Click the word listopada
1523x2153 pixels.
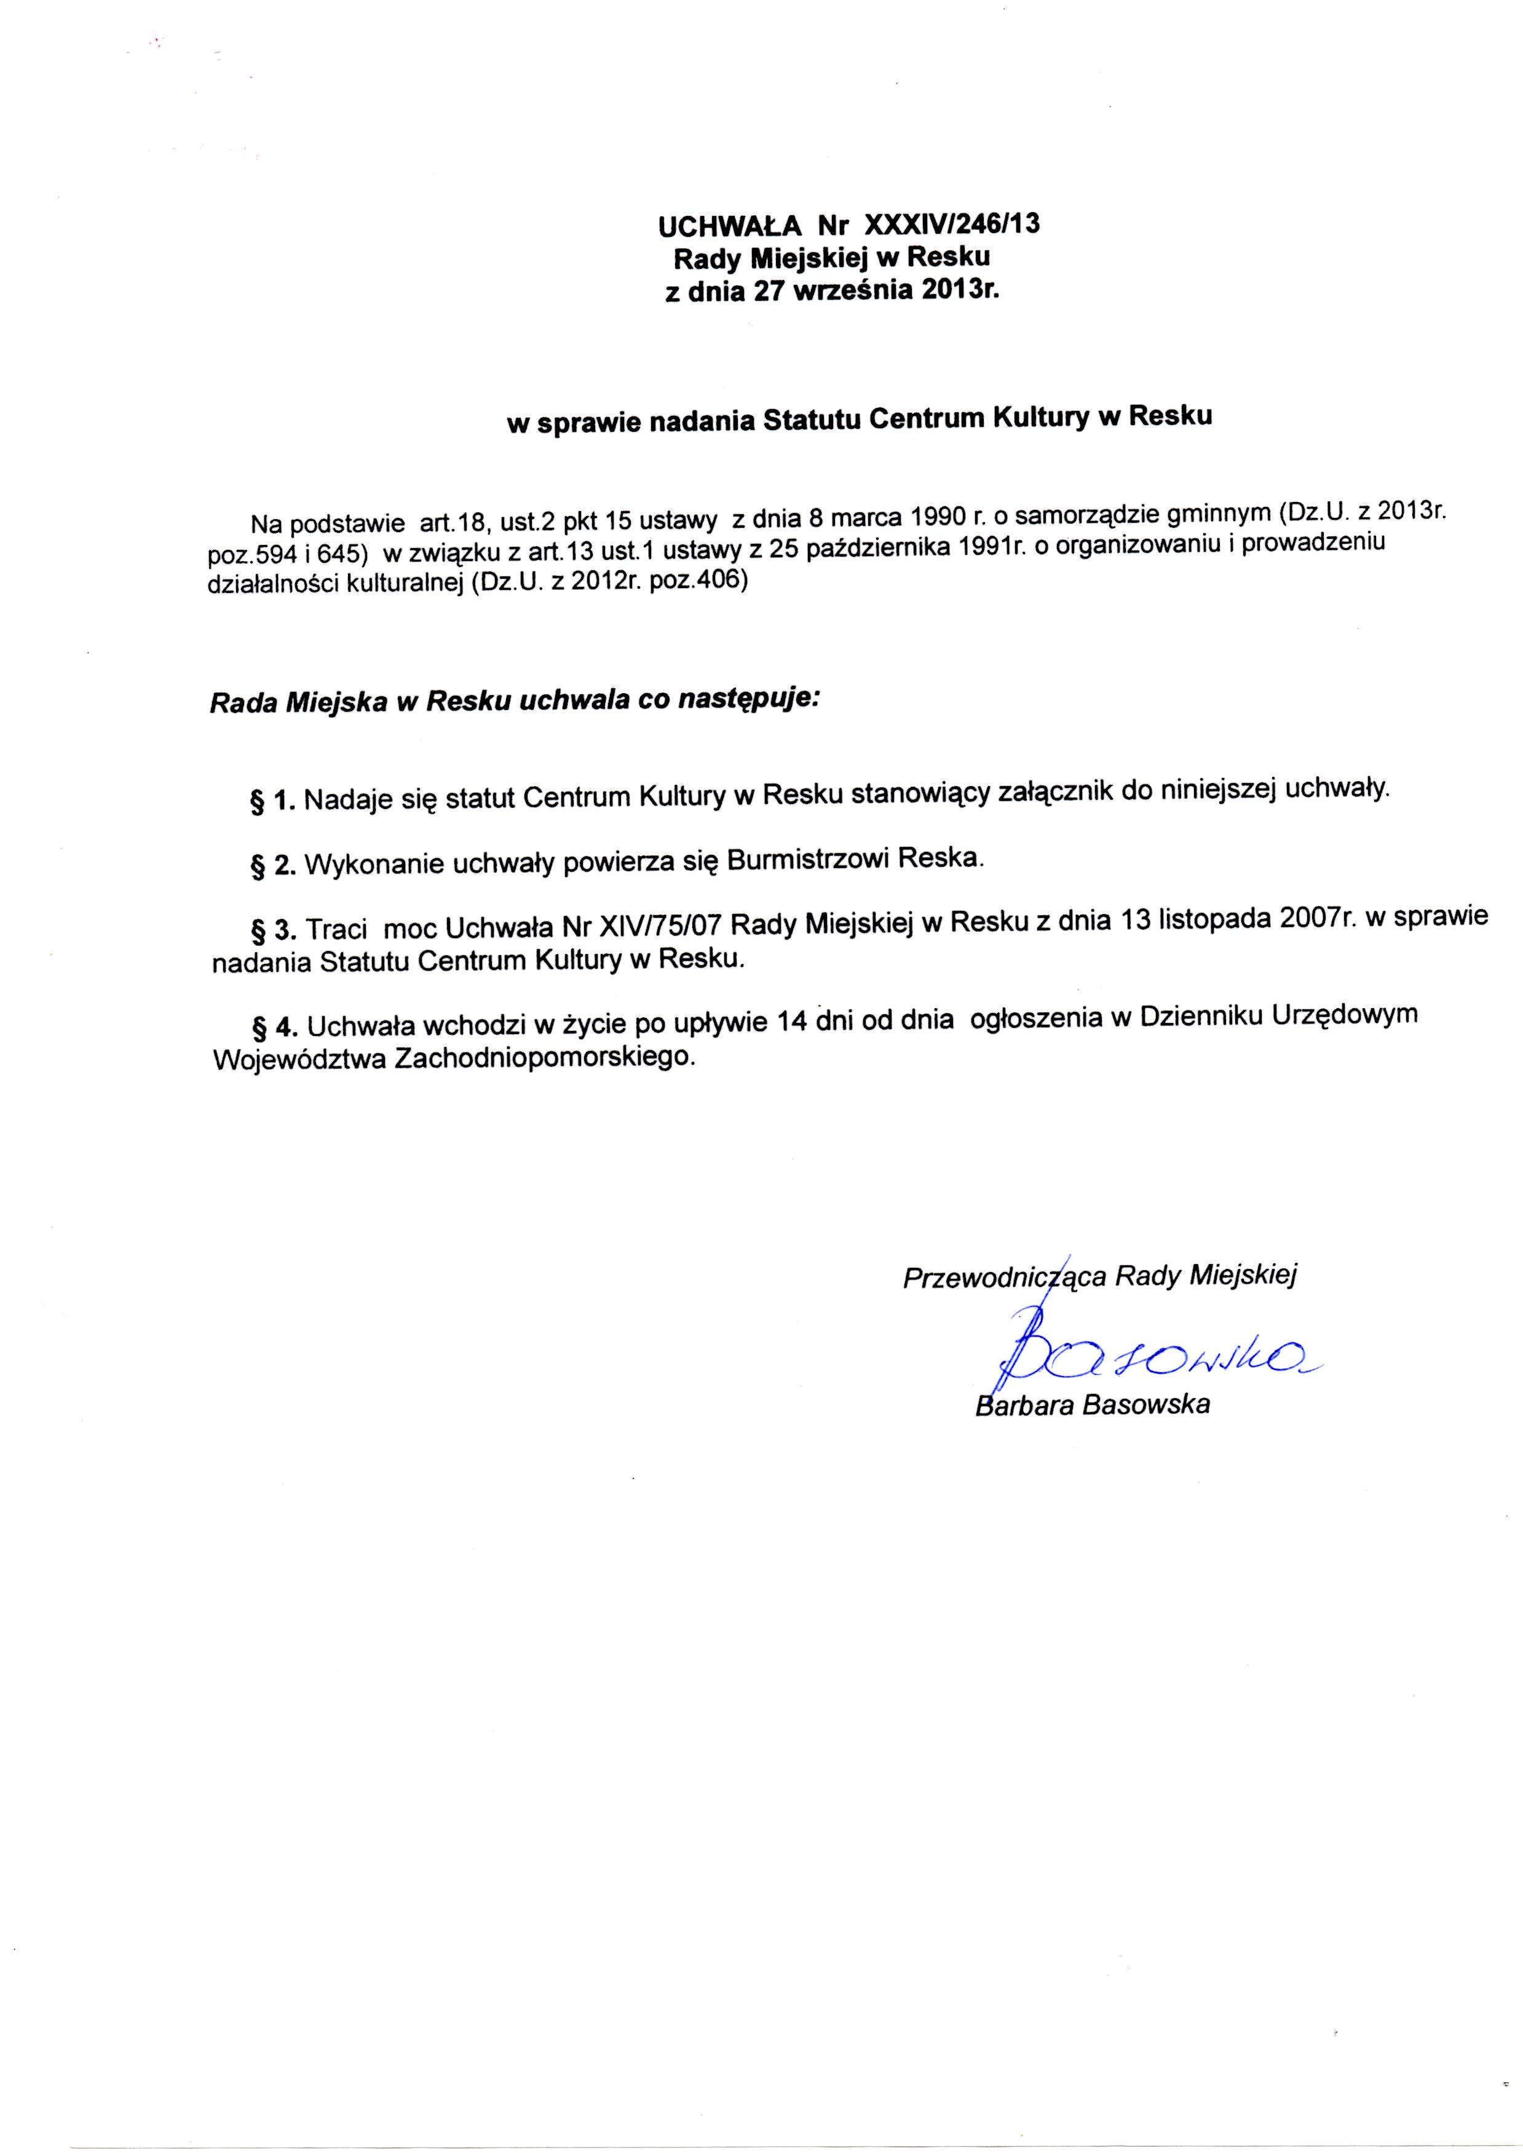[1214, 920]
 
